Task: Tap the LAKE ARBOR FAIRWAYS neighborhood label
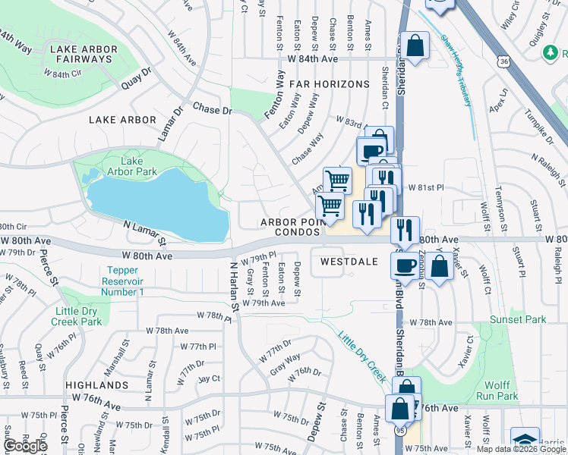[x=84, y=55]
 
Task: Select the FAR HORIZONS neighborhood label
[x=328, y=84]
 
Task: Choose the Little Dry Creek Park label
[x=79, y=316]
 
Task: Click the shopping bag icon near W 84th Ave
[x=416, y=45]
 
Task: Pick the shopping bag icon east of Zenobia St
[x=440, y=266]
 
